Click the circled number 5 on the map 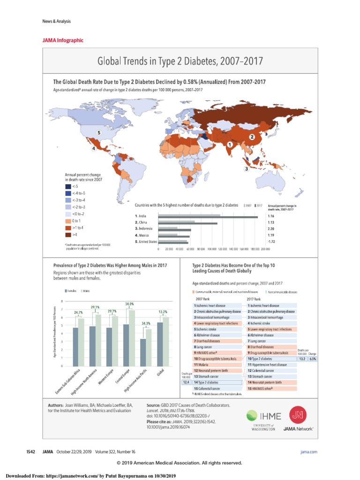[x=99, y=133]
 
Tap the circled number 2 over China [x=252, y=136]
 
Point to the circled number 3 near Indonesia [x=246, y=169]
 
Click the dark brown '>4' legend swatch [x=68, y=234]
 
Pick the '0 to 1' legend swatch [x=68, y=220]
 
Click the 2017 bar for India [x=208, y=217]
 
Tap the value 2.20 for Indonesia [x=271, y=230]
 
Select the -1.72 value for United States [x=271, y=241]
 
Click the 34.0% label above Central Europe [x=129, y=304]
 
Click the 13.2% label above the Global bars [x=163, y=312]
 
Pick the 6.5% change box [x=313, y=359]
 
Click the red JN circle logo [x=296, y=414]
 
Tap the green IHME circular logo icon [x=252, y=415]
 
